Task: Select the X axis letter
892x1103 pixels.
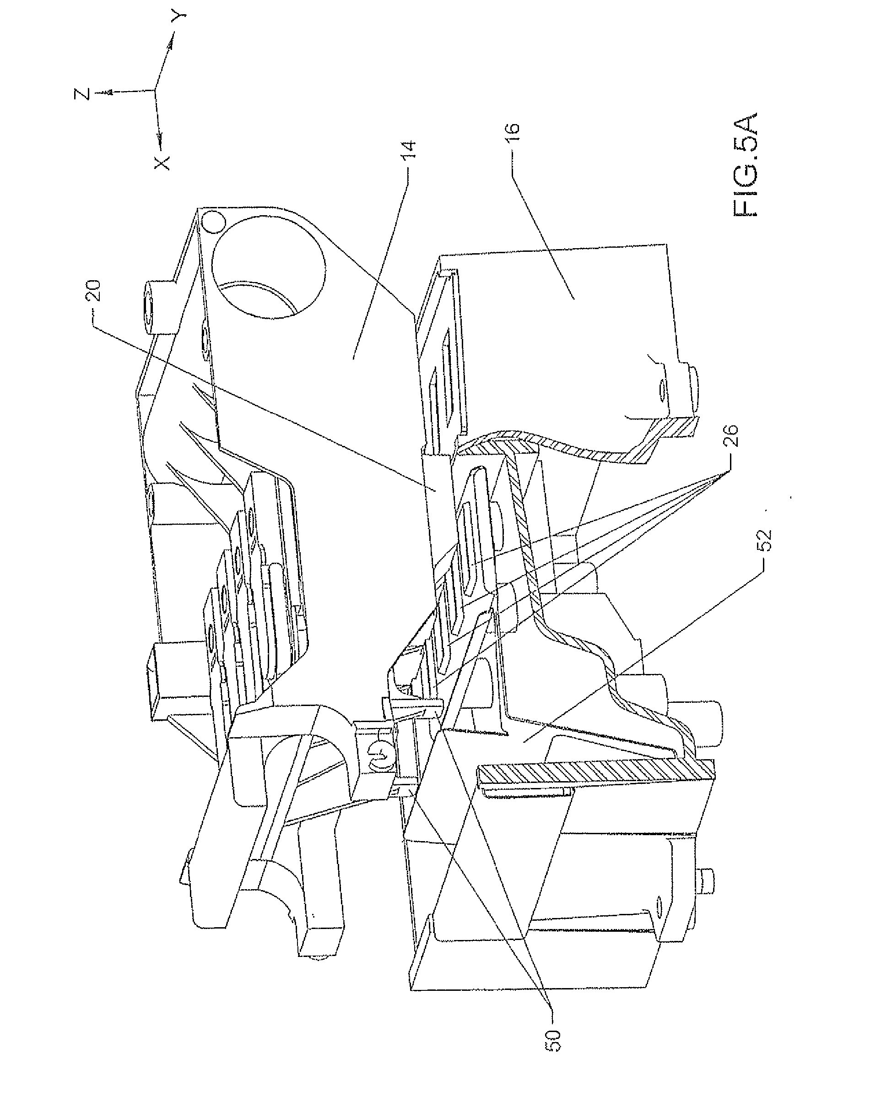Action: (162, 163)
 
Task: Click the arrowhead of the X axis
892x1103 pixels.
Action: (160, 138)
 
